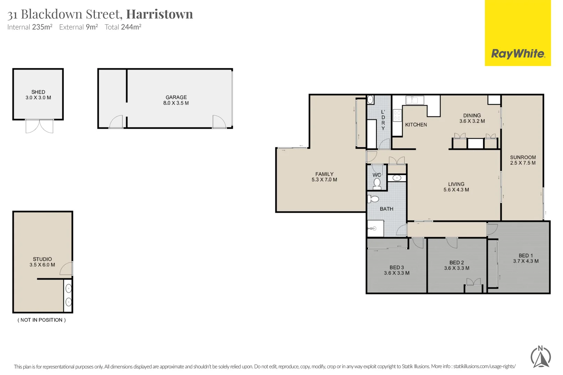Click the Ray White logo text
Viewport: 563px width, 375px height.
[518, 54]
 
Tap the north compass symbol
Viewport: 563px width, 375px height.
[541, 357]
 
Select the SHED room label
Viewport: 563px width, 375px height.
[38, 92]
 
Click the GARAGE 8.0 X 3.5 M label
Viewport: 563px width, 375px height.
[176, 100]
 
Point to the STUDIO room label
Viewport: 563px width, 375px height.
[42, 259]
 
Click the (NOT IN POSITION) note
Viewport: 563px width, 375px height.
[42, 320]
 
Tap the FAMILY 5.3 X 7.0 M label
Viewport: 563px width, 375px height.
[324, 177]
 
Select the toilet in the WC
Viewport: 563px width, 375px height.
[377, 183]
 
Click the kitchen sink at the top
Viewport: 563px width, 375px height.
[415, 100]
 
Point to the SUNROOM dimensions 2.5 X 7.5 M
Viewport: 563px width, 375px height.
[523, 163]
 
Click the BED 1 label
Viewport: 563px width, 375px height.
[526, 256]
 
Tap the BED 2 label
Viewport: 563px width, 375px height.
[457, 263]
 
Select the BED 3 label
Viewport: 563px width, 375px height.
[397, 268]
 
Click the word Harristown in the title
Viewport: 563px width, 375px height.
[160, 14]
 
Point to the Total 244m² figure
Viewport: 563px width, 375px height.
[123, 27]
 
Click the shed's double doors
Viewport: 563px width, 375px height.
[39, 126]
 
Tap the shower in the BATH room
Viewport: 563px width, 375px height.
[375, 228]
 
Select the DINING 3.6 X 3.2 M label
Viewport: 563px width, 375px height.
[472, 118]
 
